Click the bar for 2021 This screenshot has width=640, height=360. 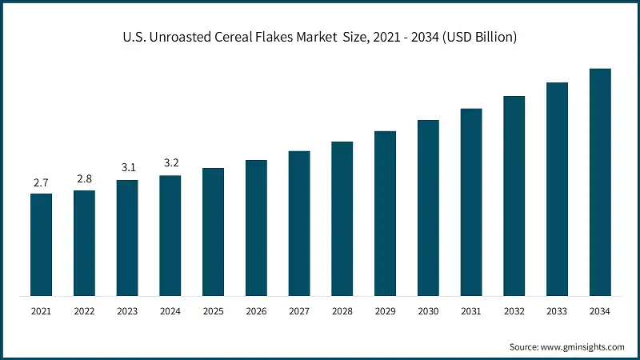[x=41, y=244]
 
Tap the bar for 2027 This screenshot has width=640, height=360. [x=299, y=223]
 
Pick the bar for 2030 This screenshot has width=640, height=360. [x=428, y=207]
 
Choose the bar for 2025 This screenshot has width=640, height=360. [x=213, y=231]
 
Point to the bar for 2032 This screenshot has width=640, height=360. [x=514, y=195]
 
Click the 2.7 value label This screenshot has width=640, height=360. [x=41, y=183]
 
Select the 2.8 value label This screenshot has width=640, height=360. [x=84, y=179]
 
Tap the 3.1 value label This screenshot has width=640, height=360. [x=127, y=167]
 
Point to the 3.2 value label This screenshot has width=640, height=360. [x=170, y=163]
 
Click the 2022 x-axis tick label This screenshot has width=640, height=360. [x=84, y=310]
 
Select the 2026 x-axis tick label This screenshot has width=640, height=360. [x=256, y=310]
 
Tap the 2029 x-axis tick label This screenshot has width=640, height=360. [x=385, y=310]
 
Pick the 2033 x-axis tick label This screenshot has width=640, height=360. [x=557, y=310]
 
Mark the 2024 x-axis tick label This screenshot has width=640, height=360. [x=170, y=310]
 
